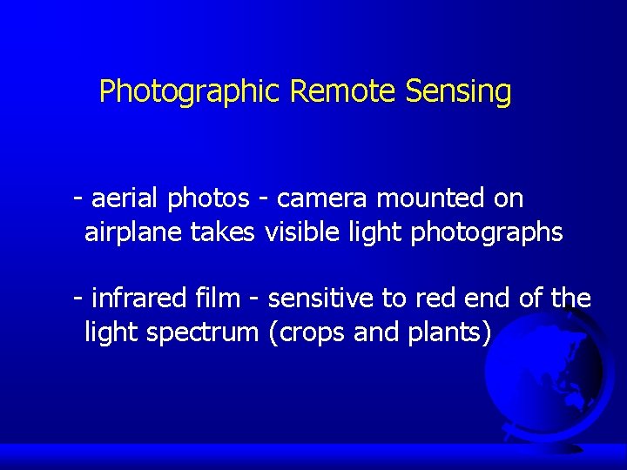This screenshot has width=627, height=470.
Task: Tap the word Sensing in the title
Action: pyautogui.click(x=458, y=91)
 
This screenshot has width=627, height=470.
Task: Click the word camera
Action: pyautogui.click(x=324, y=199)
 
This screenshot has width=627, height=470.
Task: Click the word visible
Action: pyautogui.click(x=306, y=232)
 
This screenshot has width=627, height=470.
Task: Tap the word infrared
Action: pyautogui.click(x=134, y=299)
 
